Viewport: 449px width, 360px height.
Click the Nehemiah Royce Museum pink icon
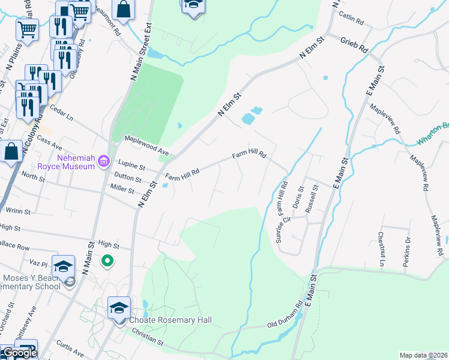point(104,160)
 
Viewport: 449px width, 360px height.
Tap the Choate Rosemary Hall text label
point(161,320)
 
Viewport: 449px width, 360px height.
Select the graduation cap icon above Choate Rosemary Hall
point(119,308)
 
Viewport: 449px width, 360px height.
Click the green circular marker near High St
point(107,261)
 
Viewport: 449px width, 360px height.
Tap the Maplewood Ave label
point(146,145)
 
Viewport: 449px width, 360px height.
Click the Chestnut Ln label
point(381,247)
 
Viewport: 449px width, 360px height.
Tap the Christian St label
point(148,340)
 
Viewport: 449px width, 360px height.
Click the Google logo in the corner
point(19,353)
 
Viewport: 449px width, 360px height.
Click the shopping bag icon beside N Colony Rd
point(11,152)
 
